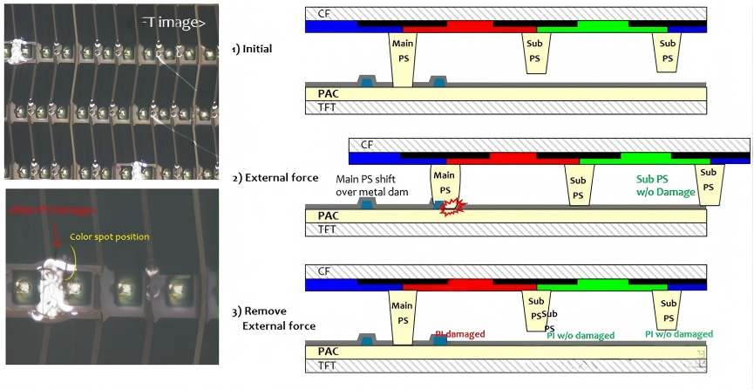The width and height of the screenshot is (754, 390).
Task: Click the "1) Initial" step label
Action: coord(252,49)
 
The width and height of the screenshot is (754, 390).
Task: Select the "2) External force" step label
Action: coord(275,178)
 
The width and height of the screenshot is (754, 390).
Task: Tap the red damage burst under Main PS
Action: coord(452,208)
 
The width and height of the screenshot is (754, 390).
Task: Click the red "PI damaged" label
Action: coord(460,333)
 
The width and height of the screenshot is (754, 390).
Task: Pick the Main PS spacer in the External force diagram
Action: coord(445,184)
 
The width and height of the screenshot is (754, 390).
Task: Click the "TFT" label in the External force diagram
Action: coord(328,229)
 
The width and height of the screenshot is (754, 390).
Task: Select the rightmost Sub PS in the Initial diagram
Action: coord(668,52)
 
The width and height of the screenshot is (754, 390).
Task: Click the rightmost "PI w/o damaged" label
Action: coord(678,334)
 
